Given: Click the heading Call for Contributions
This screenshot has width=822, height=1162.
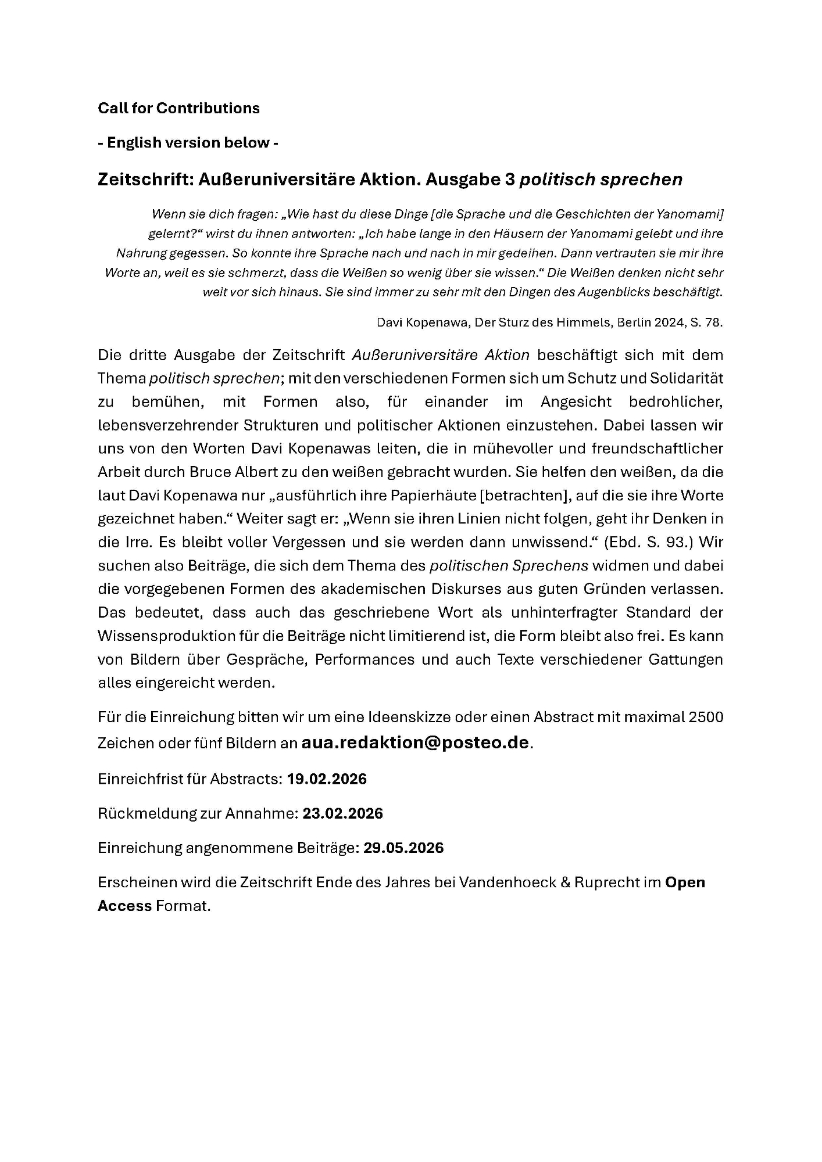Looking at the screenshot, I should pos(178,108).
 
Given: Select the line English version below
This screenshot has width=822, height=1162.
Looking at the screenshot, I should pos(188,143).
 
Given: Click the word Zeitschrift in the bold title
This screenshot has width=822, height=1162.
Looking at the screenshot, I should pos(145,180).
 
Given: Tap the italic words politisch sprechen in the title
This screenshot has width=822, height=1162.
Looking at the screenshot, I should pos(601,180).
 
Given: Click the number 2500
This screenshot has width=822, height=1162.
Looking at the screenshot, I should pos(706,717).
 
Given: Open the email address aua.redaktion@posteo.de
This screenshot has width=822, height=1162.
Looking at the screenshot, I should pos(415,743).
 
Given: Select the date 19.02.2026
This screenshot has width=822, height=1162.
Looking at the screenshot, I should pos(327,779).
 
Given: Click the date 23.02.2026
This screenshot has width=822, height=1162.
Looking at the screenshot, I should pos(342,813).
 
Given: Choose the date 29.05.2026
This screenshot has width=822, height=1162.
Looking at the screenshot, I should pos(403,848).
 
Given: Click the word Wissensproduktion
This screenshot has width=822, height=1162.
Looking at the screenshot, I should pos(166,636).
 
